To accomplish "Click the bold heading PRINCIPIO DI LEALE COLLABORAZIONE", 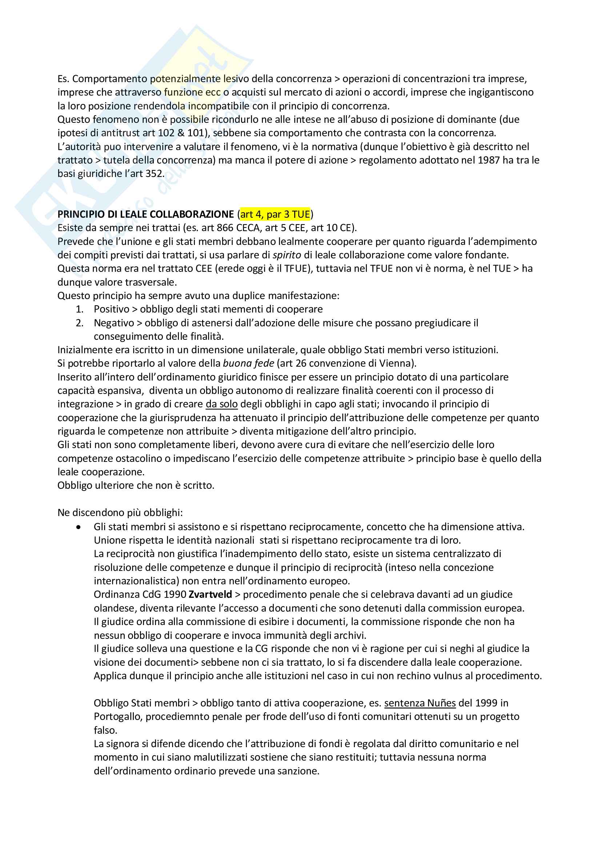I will [x=145, y=214].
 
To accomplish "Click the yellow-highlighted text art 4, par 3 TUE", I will [x=275, y=214].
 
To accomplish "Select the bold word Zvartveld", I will [x=210, y=595].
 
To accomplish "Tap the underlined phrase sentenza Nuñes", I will [x=420, y=703].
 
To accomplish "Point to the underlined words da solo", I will [x=221, y=404].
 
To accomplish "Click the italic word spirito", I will [x=287, y=255].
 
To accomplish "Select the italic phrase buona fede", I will [x=248, y=363].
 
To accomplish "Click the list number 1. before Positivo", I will [x=79, y=309].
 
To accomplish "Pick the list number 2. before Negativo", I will [x=79, y=323].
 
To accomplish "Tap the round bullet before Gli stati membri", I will [x=78, y=527].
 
